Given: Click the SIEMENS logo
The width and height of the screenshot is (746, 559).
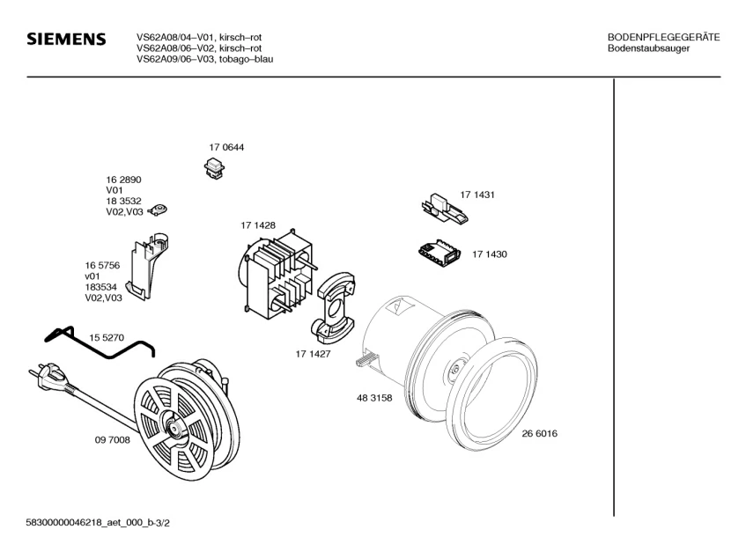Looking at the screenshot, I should click(67, 40).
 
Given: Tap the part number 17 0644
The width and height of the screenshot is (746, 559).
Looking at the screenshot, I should click(226, 147).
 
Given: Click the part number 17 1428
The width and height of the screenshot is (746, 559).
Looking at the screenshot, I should click(258, 225).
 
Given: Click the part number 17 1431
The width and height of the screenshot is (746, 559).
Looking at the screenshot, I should click(477, 194).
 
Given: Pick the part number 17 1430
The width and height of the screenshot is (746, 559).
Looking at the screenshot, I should click(490, 254).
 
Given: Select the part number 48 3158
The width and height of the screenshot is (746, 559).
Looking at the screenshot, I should click(374, 398).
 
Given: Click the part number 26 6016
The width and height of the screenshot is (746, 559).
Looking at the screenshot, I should click(540, 433).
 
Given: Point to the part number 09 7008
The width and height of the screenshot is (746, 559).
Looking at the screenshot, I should click(113, 440).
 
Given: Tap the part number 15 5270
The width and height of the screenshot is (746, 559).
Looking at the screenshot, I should click(107, 337).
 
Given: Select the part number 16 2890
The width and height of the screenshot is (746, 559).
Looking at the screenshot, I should click(124, 180).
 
